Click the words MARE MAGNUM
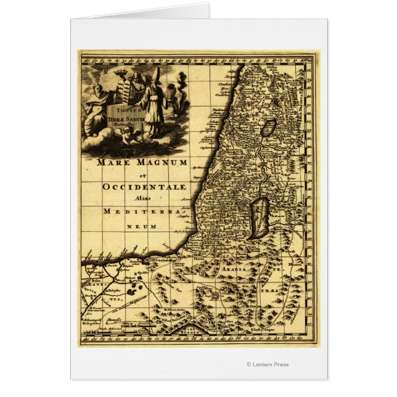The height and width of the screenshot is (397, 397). pyautogui.click(x=141, y=163)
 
